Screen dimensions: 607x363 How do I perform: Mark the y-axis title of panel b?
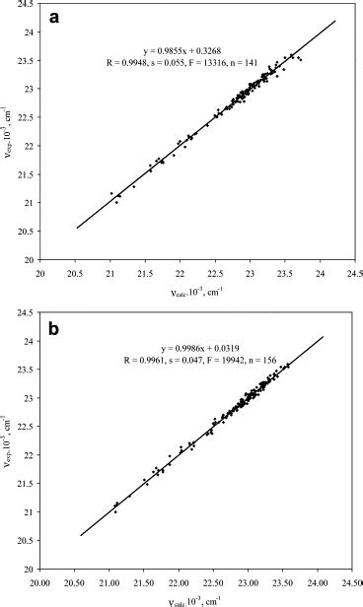coord(11,448)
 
